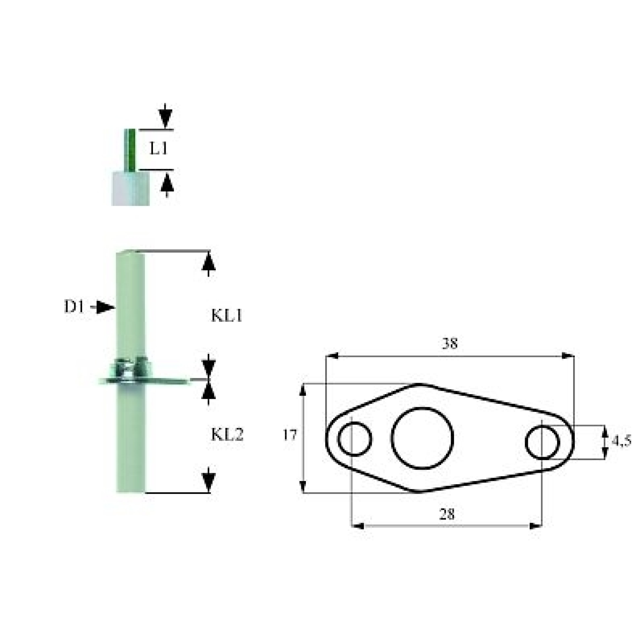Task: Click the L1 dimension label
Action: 158,148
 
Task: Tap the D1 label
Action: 74,306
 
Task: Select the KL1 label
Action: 227,315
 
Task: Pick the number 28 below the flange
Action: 447,514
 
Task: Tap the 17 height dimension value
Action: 289,435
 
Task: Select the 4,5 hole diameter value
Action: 622,441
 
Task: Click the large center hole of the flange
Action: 422,438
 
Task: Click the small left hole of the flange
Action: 355,439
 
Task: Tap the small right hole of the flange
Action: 542,442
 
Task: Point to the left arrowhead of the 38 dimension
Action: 332,356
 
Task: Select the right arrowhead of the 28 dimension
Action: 535,526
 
